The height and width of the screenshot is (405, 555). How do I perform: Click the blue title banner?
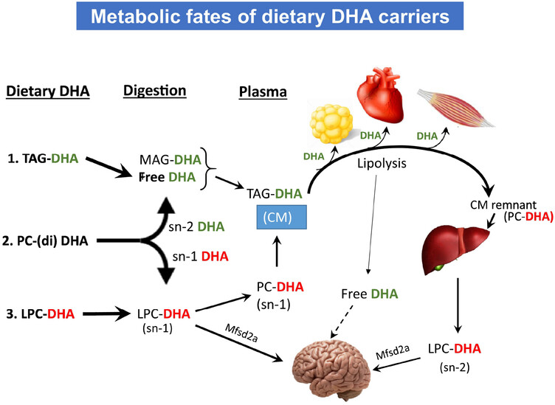(x=269, y=16)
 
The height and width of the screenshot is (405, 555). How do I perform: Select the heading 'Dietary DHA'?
(x=48, y=91)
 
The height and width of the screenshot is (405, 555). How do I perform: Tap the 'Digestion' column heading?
(x=155, y=91)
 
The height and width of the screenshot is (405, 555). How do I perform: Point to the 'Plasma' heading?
(x=263, y=91)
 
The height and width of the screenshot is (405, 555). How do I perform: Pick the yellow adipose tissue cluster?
(x=331, y=124)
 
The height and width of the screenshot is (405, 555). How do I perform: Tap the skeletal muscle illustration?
(x=456, y=107)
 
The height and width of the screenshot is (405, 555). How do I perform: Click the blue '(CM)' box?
(x=282, y=217)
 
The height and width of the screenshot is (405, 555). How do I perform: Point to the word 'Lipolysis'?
(x=382, y=164)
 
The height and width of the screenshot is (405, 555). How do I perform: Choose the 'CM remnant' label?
(x=503, y=205)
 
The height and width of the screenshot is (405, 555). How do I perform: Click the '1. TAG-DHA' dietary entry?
(x=43, y=159)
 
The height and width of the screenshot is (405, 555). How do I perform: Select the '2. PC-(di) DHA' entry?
(x=45, y=241)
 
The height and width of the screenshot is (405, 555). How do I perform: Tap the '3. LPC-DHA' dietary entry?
(x=41, y=314)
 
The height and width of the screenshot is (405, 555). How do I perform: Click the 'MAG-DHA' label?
(x=170, y=160)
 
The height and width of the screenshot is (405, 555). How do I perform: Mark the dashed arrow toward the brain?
(x=342, y=321)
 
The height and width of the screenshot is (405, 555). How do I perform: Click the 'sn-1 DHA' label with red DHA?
(x=200, y=257)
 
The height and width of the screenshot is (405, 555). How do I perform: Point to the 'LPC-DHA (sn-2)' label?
(x=455, y=357)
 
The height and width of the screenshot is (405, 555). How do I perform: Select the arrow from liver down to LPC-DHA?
(x=458, y=305)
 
